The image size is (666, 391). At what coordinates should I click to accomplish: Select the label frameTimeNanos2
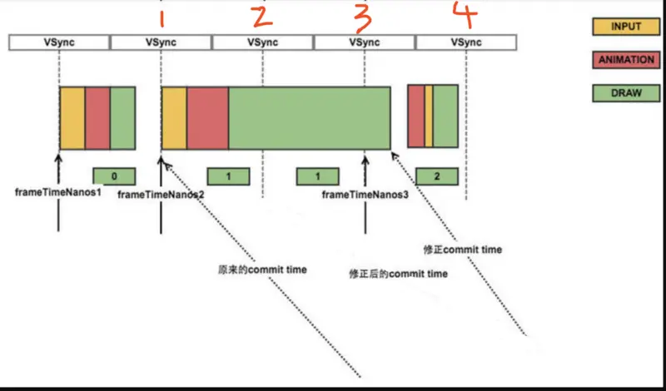click(161, 195)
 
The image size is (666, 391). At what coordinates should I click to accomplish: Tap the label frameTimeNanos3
click(365, 195)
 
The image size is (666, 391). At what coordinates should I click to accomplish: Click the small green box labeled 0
click(114, 176)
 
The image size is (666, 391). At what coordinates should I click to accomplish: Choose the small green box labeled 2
click(438, 176)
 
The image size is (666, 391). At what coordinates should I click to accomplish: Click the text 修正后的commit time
click(398, 274)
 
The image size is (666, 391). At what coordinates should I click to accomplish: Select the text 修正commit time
click(463, 250)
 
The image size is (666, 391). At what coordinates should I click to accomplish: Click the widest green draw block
click(309, 117)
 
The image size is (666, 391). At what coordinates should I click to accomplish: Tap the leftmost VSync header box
click(59, 42)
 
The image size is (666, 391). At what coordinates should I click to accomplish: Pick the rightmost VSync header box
click(466, 42)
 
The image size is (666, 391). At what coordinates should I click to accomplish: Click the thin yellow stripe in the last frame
click(429, 116)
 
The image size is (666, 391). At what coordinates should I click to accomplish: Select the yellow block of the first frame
click(72, 117)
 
